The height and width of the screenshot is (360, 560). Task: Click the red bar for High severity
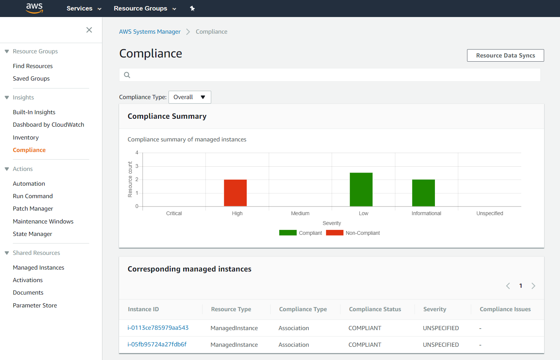tap(235, 193)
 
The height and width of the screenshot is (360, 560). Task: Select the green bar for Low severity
tap(361, 189)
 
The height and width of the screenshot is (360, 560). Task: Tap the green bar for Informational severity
tap(424, 193)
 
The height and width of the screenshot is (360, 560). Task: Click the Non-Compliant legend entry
tap(353, 233)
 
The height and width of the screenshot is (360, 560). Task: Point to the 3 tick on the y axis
tap(137, 166)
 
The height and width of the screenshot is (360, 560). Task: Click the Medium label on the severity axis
tap(300, 213)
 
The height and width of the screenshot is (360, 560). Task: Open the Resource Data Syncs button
tap(505, 55)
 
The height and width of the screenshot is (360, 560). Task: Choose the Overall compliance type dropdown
tap(190, 97)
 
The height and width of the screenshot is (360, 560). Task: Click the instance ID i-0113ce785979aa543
tap(158, 328)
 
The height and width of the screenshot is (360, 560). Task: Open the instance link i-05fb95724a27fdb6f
tap(157, 344)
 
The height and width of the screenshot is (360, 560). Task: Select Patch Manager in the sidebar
tap(33, 208)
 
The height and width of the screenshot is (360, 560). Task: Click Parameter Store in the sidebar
tap(35, 305)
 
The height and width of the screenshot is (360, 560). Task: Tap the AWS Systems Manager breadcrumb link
tap(150, 31)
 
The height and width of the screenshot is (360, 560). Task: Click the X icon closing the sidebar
tap(89, 30)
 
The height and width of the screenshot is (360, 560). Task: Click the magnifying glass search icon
tap(127, 75)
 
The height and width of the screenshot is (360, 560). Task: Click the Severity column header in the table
tap(435, 309)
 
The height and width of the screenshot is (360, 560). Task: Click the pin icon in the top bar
tap(192, 8)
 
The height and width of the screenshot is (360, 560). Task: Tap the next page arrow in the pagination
tap(533, 286)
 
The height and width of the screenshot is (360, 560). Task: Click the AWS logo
tap(34, 8)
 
